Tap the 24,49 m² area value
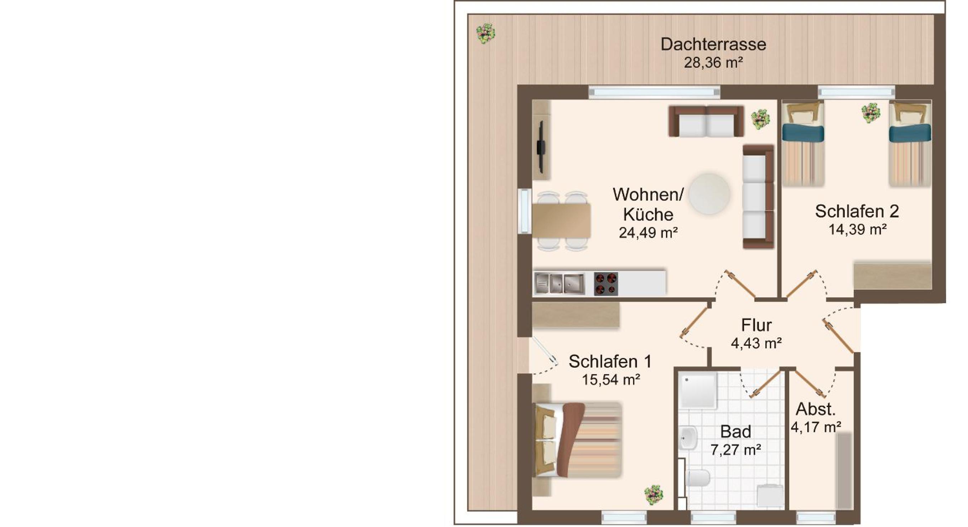coord(648,233)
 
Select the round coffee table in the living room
coord(709,193)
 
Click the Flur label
coord(756,325)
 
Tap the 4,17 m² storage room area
coord(816,427)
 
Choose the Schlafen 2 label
coord(857,211)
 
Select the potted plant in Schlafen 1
coord(653,495)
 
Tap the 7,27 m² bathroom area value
coord(736,450)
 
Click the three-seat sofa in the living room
coord(758,196)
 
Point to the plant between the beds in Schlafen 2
coord(871,113)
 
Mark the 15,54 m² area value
coord(611,380)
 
